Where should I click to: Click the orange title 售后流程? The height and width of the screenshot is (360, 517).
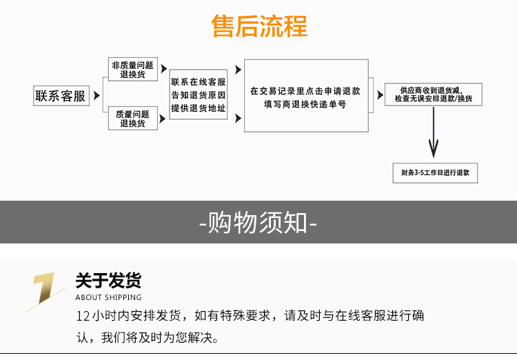(258, 26)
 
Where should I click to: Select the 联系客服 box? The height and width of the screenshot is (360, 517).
(61, 97)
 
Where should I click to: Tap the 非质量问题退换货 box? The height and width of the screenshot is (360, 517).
(132, 70)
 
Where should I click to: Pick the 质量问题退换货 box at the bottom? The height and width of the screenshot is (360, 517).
(132, 119)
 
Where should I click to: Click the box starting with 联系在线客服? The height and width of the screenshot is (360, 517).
(199, 94)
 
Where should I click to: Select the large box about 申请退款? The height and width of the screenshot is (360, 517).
(305, 96)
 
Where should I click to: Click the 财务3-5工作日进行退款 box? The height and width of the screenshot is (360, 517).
(434, 173)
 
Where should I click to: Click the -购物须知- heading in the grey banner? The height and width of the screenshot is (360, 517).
(258, 223)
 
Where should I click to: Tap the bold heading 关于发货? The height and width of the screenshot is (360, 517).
(108, 281)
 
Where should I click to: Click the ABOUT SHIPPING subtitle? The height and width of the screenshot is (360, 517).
(108, 298)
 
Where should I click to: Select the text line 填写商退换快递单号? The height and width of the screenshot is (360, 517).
(305, 104)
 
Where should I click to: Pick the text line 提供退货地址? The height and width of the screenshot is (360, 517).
(199, 107)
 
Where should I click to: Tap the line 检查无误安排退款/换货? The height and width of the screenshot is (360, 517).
(434, 99)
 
